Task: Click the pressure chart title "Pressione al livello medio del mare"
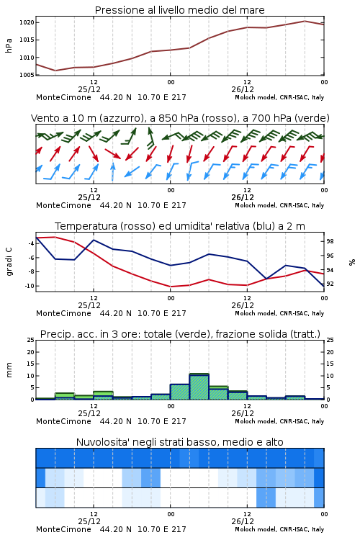(179, 10)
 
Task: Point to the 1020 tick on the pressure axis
(27, 23)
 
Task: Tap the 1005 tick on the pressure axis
(27, 75)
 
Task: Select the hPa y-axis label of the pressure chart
(9, 45)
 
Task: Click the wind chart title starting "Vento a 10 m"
(180, 118)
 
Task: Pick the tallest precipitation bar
(199, 387)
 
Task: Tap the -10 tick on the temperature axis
(30, 286)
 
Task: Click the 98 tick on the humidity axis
(330, 241)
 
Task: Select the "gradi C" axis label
(9, 261)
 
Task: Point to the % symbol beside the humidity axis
(352, 262)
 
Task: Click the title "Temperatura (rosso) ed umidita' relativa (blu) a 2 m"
(180, 226)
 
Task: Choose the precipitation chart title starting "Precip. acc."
(180, 334)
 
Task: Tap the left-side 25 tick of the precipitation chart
(31, 341)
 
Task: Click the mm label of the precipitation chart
(9, 370)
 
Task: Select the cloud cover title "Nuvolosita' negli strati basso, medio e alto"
(180, 442)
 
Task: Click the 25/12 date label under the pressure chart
(89, 89)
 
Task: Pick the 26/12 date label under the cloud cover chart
(243, 521)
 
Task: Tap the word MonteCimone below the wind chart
(64, 205)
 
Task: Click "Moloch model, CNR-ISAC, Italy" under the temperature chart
(279, 313)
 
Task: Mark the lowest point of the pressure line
(55, 71)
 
